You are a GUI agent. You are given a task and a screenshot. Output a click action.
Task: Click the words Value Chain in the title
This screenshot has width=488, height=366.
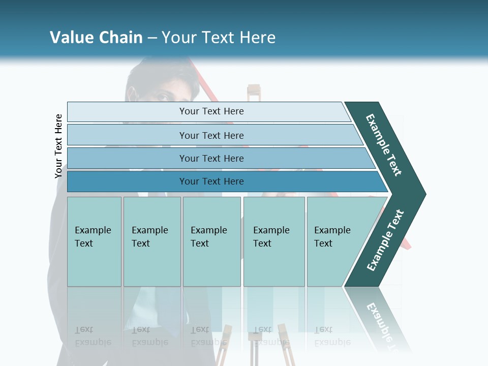click(96, 38)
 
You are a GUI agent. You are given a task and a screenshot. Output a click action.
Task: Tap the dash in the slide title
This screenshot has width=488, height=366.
click(152, 38)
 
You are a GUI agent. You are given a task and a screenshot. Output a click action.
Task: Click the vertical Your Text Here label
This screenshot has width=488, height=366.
click(58, 146)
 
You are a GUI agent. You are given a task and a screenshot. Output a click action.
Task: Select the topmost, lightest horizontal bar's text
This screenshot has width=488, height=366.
click(211, 111)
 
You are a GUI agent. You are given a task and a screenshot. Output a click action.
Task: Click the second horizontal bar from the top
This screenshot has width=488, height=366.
click(211, 135)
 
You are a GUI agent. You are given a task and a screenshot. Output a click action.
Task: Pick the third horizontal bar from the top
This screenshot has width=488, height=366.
click(211, 158)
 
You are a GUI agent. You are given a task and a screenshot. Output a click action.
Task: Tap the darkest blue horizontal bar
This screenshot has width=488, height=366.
click(211, 181)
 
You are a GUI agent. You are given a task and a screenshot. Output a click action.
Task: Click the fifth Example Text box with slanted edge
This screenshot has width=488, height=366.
click(332, 237)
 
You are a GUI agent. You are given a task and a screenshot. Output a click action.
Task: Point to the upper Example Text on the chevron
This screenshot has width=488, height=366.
click(384, 145)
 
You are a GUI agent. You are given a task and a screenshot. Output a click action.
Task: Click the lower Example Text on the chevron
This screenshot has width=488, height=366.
click(385, 240)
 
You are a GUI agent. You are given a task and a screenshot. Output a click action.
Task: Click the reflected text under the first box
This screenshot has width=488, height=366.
click(93, 336)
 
